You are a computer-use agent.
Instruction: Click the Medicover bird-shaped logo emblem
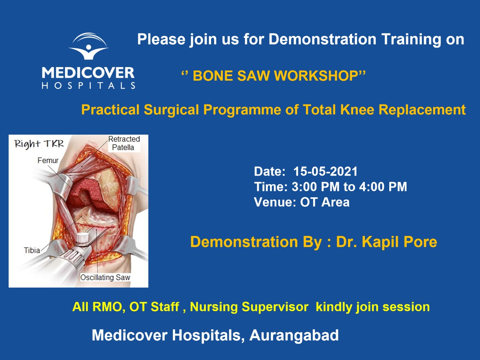point(88,46)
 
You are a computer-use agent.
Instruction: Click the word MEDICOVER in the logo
point(88,73)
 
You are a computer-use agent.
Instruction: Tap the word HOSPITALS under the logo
point(88,85)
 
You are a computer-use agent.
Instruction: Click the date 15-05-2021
point(325,171)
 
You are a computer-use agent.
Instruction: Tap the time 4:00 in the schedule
point(372,187)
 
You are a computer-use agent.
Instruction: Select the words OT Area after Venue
point(325,202)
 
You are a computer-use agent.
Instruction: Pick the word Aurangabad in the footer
point(294,335)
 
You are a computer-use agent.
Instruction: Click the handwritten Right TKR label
point(39,144)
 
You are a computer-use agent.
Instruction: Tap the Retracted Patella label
point(124,143)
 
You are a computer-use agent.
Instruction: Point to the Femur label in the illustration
point(48,160)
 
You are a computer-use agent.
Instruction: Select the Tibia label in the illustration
point(32,250)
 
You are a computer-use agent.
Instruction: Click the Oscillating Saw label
point(105,277)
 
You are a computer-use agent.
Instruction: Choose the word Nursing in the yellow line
point(214,307)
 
